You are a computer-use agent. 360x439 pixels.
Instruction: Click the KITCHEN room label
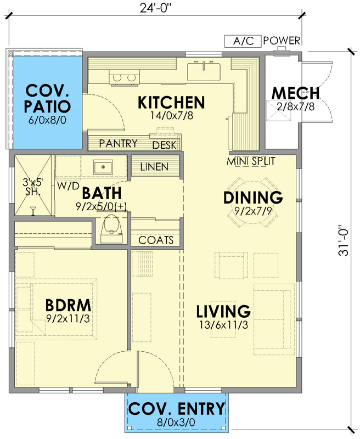(171, 102)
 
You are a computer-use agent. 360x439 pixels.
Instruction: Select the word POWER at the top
(282, 41)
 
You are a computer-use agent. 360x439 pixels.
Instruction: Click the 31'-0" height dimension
(344, 240)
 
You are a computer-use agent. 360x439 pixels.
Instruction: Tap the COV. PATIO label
(48, 98)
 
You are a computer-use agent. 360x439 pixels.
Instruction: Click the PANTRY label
(118, 144)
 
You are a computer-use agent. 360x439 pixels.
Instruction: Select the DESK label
(164, 145)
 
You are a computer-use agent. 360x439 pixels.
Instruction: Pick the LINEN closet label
(155, 166)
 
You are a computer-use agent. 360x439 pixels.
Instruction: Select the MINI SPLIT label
(251, 161)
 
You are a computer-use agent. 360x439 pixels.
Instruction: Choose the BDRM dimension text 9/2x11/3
(68, 317)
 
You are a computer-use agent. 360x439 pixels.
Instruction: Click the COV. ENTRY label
(176, 409)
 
